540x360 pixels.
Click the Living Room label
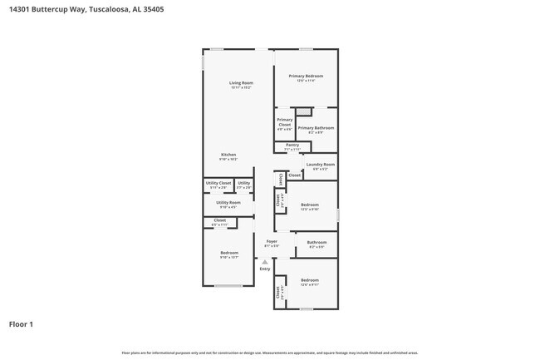(241, 83)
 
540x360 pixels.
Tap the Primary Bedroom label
(306, 76)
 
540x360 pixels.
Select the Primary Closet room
(284, 124)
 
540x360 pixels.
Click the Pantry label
(292, 145)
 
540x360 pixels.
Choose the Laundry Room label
(320, 165)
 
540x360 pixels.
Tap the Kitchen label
(228, 155)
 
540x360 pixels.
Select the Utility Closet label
(218, 183)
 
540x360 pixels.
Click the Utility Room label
(228, 203)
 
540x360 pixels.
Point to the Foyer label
(271, 242)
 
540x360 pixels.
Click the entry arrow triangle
(265, 261)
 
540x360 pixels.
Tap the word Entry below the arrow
(265, 269)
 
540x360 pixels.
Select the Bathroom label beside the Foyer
(317, 243)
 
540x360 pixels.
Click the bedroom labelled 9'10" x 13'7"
(228, 254)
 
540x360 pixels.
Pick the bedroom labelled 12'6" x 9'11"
(309, 281)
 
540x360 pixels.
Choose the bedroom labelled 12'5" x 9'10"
(310, 205)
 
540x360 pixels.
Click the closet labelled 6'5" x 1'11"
(219, 221)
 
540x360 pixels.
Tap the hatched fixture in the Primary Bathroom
(305, 111)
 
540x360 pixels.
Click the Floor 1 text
(21, 324)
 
